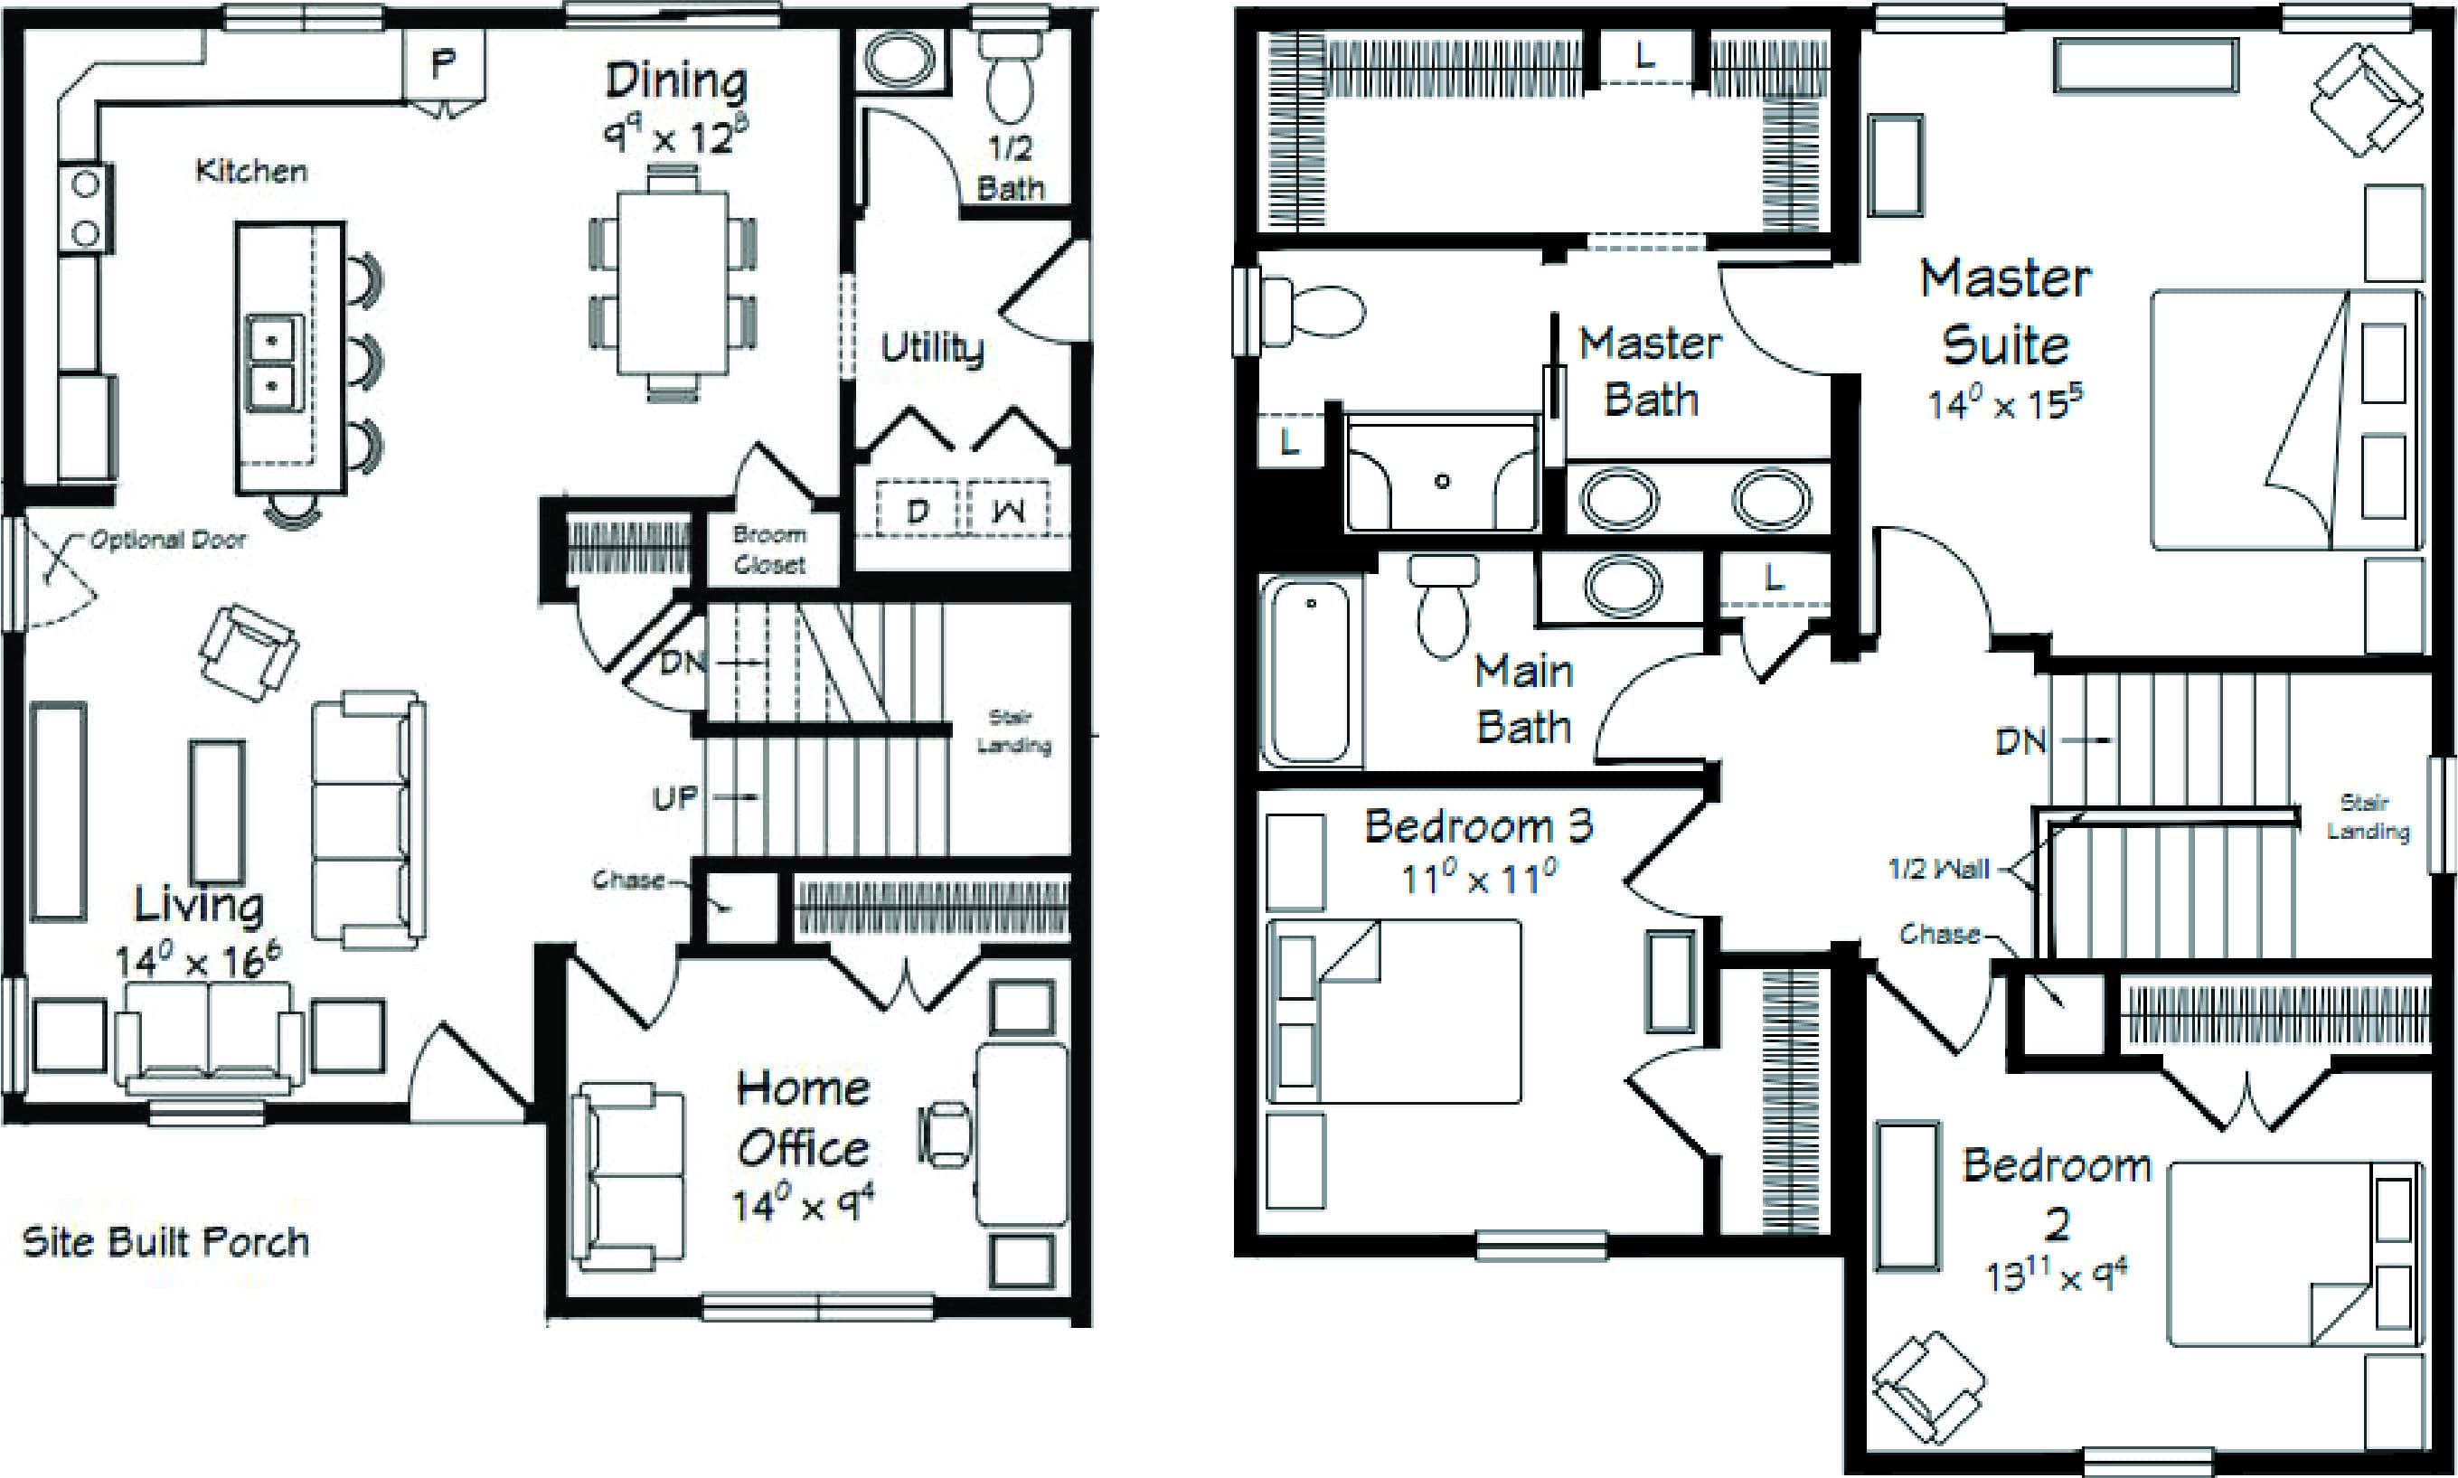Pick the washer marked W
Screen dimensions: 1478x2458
(x=1009, y=511)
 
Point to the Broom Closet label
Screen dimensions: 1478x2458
(x=769, y=550)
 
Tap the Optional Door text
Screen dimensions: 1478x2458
(x=168, y=540)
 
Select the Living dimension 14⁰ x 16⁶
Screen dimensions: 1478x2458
(x=198, y=961)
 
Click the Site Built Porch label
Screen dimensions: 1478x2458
(x=165, y=1242)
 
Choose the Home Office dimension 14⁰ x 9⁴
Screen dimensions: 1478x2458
(x=803, y=1205)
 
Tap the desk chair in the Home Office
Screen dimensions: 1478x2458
(x=943, y=1134)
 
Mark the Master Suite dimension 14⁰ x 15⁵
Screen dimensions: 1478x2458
(x=2005, y=402)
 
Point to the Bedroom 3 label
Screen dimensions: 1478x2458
(x=1478, y=825)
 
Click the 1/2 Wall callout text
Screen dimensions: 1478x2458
(x=1938, y=870)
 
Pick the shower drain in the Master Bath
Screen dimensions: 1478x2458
(x=1441, y=481)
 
